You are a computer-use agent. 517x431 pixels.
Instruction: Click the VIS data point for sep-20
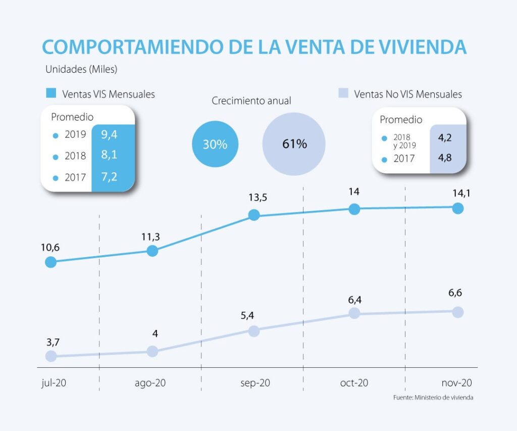point(254,215)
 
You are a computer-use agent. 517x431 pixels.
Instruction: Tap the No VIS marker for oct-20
point(354,313)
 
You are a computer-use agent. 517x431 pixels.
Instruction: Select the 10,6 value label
point(50,248)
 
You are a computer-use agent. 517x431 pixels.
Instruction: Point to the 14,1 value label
point(457,193)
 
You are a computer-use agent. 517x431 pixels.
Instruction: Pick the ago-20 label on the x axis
point(150,383)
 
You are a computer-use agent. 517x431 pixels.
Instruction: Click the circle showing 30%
point(215,144)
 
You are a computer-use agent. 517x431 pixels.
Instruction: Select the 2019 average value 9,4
point(109,134)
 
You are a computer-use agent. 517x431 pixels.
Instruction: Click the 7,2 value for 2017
point(109,177)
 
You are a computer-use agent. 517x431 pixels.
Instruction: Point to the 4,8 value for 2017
point(444,159)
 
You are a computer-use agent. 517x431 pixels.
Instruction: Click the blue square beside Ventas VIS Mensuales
point(50,93)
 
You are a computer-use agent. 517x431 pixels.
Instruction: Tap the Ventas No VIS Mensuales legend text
point(407,94)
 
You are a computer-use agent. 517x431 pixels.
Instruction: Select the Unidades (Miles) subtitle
point(81,69)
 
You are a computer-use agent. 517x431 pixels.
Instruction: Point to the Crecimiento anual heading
point(251,101)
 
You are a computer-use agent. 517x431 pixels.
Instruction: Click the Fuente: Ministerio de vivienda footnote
point(433,398)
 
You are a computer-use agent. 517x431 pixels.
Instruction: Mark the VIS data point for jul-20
point(50,262)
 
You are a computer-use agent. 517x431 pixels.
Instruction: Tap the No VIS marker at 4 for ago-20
point(152,351)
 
